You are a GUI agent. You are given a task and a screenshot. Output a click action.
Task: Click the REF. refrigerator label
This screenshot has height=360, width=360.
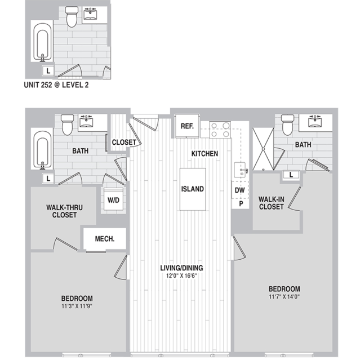(187, 126)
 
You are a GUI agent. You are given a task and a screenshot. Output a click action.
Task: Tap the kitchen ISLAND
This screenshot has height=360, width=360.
(193, 189)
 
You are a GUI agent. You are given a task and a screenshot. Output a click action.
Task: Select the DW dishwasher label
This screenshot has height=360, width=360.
(239, 190)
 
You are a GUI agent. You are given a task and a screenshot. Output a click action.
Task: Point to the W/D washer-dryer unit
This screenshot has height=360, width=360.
(114, 199)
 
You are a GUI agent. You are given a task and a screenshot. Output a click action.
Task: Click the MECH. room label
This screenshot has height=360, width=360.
(105, 239)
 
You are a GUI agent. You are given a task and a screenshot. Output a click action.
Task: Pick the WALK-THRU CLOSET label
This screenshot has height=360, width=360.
(65, 211)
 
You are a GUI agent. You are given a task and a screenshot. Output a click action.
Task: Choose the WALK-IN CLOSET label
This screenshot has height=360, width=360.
(272, 203)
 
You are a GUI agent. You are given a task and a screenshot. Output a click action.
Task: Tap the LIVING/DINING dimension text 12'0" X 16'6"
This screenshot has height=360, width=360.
(181, 275)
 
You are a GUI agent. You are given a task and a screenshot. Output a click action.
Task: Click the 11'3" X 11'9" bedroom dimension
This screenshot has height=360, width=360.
(77, 306)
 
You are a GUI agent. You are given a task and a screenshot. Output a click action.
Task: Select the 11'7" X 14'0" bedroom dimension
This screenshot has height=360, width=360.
(285, 297)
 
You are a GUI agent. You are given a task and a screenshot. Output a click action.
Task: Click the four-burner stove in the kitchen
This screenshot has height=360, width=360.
(220, 130)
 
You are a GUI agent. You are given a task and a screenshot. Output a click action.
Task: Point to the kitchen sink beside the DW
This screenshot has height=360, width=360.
(240, 170)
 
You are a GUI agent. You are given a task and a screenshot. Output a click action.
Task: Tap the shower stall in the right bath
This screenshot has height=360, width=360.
(263, 149)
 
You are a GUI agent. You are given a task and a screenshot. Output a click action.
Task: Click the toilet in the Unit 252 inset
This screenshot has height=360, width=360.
(72, 17)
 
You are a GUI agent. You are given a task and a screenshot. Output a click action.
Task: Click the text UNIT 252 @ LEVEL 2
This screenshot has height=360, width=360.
(56, 85)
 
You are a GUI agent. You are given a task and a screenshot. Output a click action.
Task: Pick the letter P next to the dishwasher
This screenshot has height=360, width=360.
(241, 203)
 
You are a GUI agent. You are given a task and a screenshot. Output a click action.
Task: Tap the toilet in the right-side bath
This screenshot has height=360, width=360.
(288, 125)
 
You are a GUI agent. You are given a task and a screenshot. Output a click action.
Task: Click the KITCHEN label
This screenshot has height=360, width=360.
(205, 154)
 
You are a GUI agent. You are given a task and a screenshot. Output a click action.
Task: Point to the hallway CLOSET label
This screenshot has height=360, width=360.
(124, 143)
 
